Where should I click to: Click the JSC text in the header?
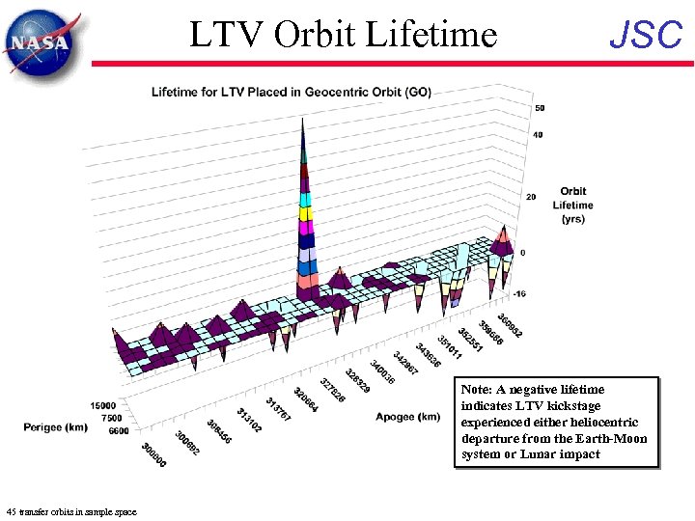coord(646,35)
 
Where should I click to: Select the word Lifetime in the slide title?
coord(433,35)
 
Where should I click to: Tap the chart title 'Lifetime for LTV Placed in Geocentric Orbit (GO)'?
coord(292,93)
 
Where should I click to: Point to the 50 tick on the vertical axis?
coord(540,108)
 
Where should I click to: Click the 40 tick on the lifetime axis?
coord(538,135)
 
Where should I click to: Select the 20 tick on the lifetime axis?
coord(530,198)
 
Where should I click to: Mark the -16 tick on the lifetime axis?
coord(520,292)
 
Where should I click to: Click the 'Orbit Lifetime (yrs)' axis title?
coord(572,205)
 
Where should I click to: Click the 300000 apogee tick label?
coord(152,454)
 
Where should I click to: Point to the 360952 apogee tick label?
coord(511,325)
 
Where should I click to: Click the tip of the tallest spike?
coord(303,119)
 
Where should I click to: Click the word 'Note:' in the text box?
coord(477,390)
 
